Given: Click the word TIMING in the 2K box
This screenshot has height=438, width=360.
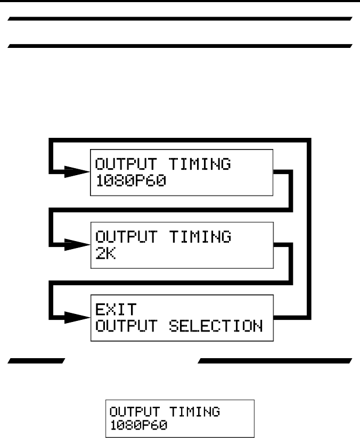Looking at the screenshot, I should [200, 237].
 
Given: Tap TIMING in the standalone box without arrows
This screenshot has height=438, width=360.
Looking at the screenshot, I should [200, 411].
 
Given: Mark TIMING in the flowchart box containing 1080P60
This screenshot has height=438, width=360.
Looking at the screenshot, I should [200, 164].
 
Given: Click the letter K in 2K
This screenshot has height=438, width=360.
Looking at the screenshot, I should [112, 252].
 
